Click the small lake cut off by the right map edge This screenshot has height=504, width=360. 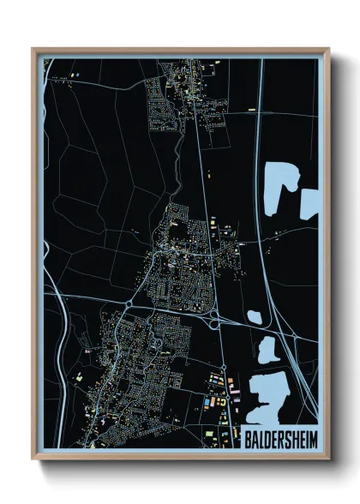[309, 202]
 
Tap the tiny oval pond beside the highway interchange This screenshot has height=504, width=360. [254, 317]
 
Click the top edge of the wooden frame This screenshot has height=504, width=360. [180, 50]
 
